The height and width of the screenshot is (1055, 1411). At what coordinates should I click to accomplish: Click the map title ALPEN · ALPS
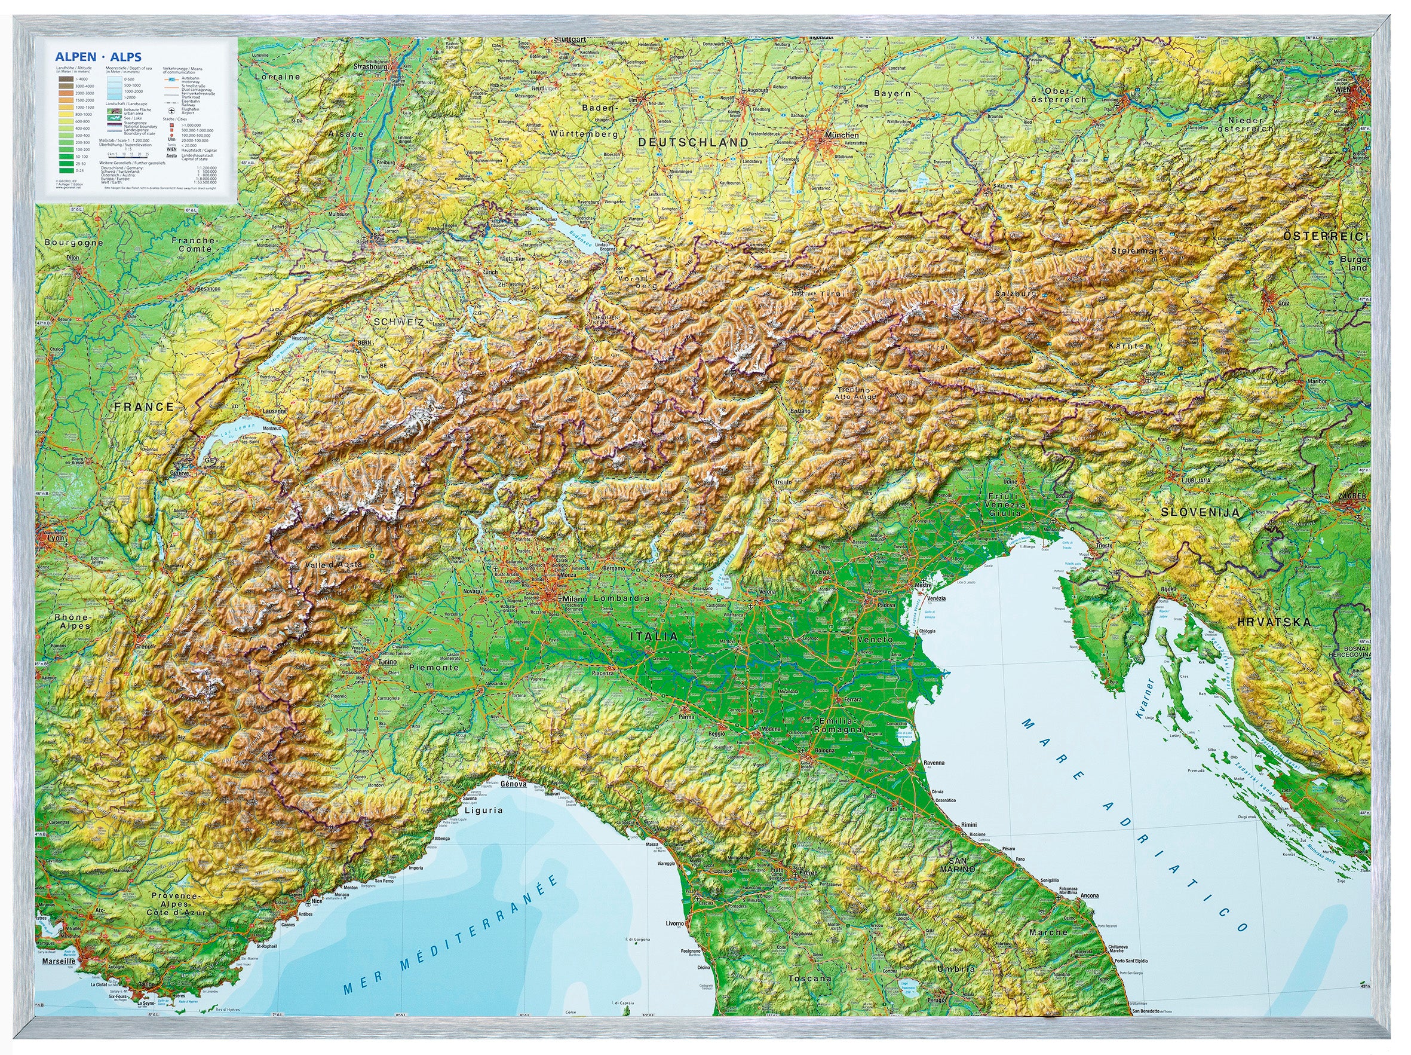(x=97, y=57)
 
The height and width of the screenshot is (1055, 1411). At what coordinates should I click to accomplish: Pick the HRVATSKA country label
(x=1273, y=622)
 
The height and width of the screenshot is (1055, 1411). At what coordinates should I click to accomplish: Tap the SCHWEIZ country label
(x=398, y=322)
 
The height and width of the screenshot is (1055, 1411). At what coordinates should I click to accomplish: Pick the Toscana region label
(x=809, y=978)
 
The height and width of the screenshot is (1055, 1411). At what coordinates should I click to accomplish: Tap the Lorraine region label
(x=277, y=77)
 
